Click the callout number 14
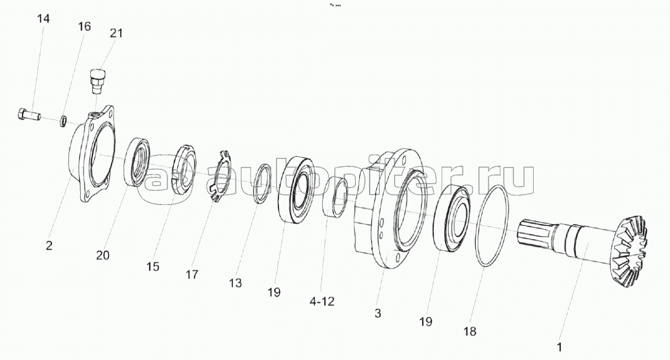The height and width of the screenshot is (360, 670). coord(43,19)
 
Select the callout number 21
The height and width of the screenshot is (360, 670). coord(116,33)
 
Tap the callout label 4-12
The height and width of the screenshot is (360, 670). coord(322,302)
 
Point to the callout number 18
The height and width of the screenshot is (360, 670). coord(470,331)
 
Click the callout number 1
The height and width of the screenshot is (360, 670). coord(559,347)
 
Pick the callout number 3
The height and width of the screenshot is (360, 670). coord(378,313)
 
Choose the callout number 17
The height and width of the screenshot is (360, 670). coord(192,274)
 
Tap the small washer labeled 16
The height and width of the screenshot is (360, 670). coord(63,121)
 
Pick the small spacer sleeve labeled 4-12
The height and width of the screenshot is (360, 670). coord(335,198)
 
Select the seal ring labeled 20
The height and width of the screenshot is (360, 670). coord(137,162)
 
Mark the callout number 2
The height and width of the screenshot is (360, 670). coord(49,246)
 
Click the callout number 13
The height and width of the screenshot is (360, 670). coord(235,283)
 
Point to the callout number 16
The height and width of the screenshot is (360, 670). coord(84,27)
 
